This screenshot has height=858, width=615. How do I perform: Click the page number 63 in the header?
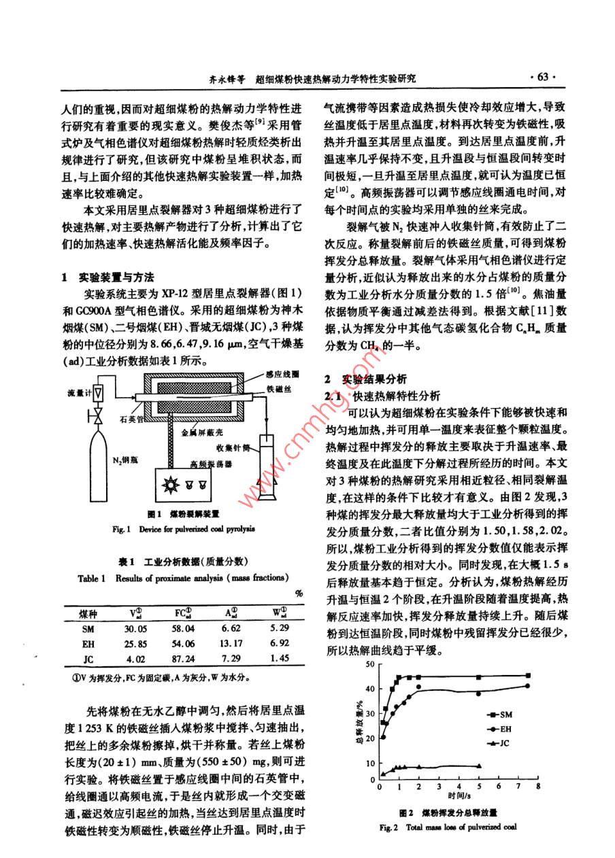pyautogui.click(x=542, y=77)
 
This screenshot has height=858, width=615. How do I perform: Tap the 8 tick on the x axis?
pyautogui.click(x=537, y=786)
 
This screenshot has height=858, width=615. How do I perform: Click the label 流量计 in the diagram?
pyautogui.click(x=78, y=393)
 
